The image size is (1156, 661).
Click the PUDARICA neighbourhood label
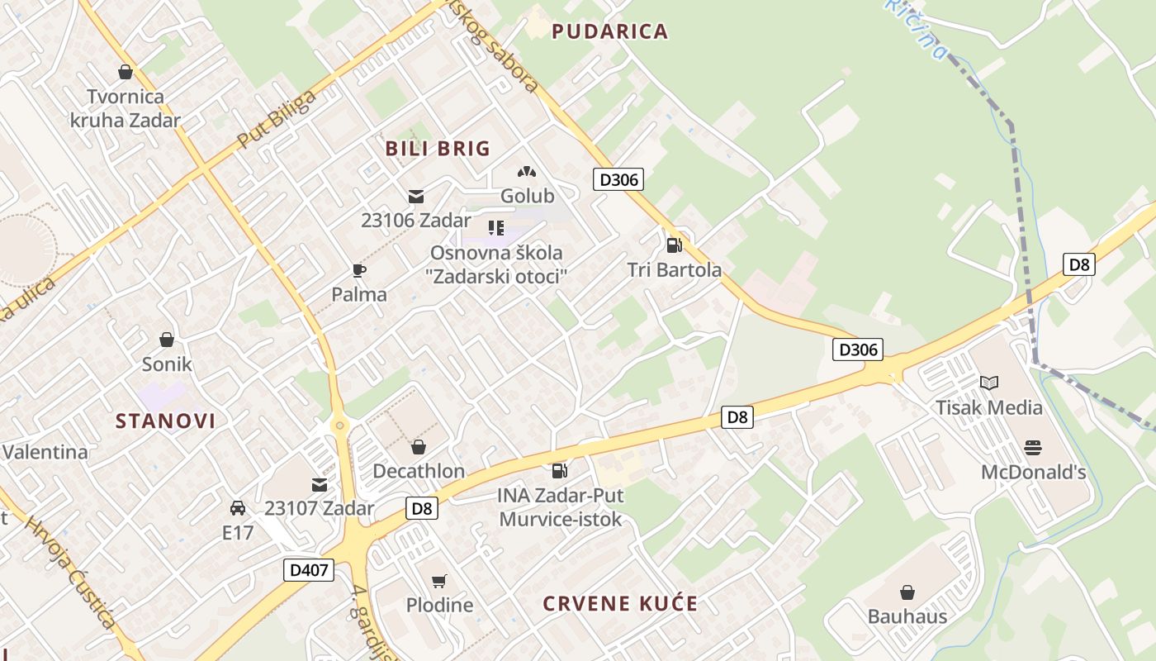point(609,32)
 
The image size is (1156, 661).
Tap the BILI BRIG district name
point(438,149)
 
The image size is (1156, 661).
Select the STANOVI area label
point(165,421)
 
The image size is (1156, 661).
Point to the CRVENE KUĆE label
point(620,604)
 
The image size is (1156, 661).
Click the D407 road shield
point(310,570)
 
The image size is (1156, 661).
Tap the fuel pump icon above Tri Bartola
point(674,245)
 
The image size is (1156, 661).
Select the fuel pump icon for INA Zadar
point(560,471)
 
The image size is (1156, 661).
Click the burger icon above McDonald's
point(1033,448)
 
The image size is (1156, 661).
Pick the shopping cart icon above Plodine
point(439,581)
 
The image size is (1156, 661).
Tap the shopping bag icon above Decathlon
point(419,447)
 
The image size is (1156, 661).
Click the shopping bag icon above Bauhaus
point(907,592)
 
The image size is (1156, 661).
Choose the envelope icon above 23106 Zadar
point(415,197)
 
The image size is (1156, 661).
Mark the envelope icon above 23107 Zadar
point(319,484)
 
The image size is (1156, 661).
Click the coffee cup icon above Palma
point(358,270)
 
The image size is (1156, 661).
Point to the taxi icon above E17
point(238,508)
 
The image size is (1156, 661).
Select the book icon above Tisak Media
point(988,383)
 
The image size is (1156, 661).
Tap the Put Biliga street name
point(276,121)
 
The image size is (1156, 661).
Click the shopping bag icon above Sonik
point(167,340)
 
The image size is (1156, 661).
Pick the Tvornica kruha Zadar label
point(126,108)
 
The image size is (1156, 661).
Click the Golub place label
point(527,197)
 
